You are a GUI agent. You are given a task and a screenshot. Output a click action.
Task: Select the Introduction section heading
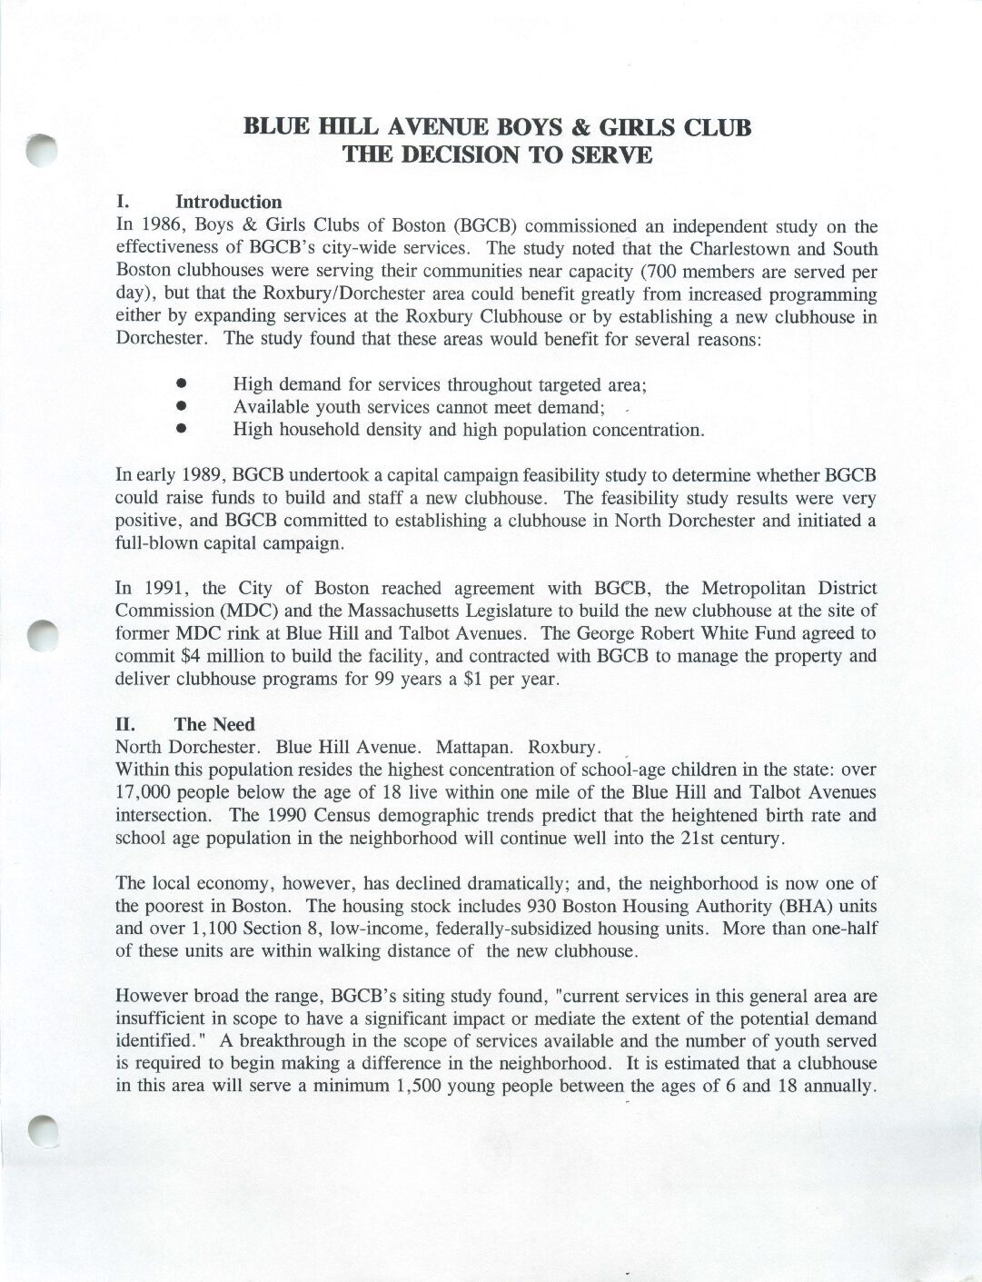[x=228, y=202]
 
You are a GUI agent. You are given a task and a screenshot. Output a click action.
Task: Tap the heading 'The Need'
[x=214, y=724]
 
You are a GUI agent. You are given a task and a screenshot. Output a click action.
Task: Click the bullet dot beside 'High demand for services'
[x=182, y=384]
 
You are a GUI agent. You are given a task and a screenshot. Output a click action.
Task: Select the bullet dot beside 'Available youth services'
[x=182, y=406]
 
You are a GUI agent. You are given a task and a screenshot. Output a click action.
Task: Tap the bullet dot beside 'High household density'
[x=182, y=428]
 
